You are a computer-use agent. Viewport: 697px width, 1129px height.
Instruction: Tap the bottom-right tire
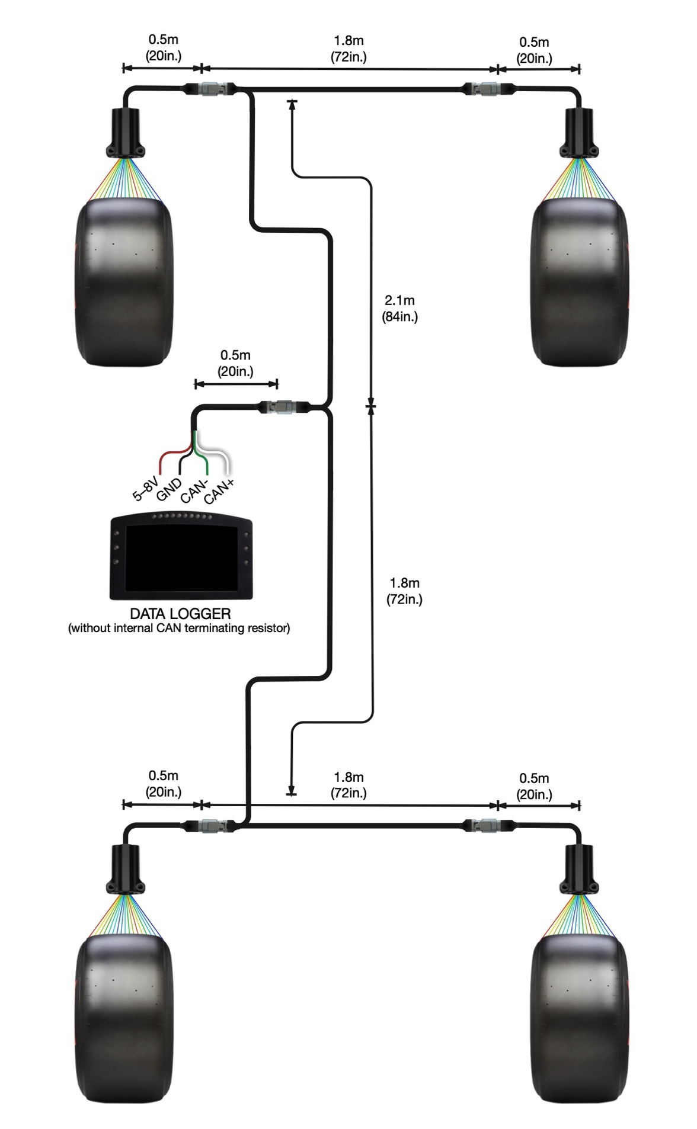click(580, 1019)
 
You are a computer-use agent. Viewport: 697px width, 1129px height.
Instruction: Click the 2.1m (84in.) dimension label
click(400, 309)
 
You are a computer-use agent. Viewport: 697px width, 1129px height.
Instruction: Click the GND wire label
click(169, 490)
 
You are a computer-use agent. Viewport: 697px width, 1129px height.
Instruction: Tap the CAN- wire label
click(194, 491)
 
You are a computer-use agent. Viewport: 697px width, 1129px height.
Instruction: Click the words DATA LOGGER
click(180, 614)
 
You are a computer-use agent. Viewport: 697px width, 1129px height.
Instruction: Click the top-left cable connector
click(210, 89)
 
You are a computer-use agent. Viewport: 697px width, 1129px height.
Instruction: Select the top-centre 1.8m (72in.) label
click(348, 49)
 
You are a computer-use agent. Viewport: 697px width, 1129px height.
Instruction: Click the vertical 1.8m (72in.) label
click(405, 591)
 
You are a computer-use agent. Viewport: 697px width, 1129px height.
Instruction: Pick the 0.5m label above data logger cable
click(236, 363)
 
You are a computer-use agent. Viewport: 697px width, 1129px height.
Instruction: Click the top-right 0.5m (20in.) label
click(534, 50)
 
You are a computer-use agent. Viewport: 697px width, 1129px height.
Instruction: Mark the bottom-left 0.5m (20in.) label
click(164, 784)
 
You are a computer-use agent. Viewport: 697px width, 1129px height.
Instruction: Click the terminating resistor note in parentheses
click(180, 628)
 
